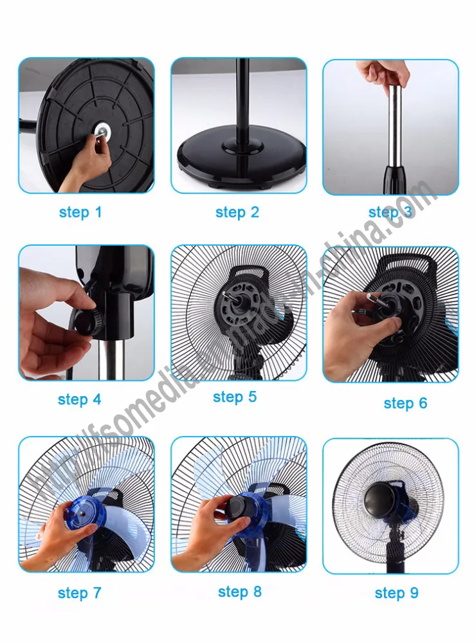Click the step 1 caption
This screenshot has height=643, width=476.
80,212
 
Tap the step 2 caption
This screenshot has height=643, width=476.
237,212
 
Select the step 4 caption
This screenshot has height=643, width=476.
80,399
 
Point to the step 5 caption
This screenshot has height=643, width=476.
235,397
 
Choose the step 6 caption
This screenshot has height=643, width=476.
405,403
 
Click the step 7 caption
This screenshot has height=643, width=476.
80,593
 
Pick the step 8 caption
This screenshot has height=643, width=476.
240,592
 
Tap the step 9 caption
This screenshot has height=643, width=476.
396,593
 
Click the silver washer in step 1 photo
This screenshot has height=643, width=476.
102,131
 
